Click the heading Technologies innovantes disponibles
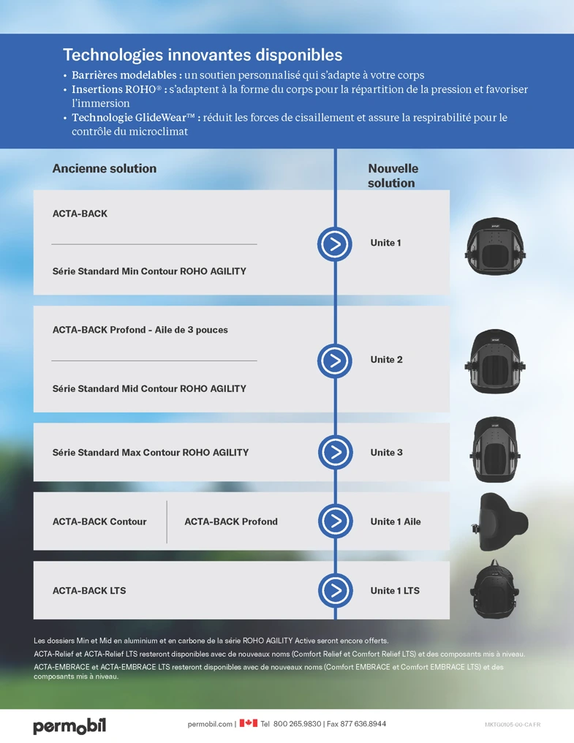click(x=203, y=55)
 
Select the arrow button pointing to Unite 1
click(x=335, y=244)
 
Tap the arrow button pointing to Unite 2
click(x=335, y=361)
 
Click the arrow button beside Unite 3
click(x=335, y=452)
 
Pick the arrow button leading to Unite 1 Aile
click(x=335, y=521)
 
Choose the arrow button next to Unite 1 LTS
click(x=335, y=590)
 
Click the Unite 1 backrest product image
click(x=495, y=246)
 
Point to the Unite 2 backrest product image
click(x=495, y=361)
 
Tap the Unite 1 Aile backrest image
click(x=499, y=521)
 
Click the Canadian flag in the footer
click(x=249, y=723)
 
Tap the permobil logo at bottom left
click(x=69, y=726)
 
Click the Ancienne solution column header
click(x=105, y=169)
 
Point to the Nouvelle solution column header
click(x=393, y=176)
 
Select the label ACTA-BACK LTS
click(x=89, y=591)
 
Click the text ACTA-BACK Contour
click(x=99, y=521)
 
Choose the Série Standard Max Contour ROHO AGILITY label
click(x=150, y=453)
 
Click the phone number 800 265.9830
click(x=297, y=724)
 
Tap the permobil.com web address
click(x=210, y=725)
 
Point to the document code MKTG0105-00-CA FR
click(x=513, y=725)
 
